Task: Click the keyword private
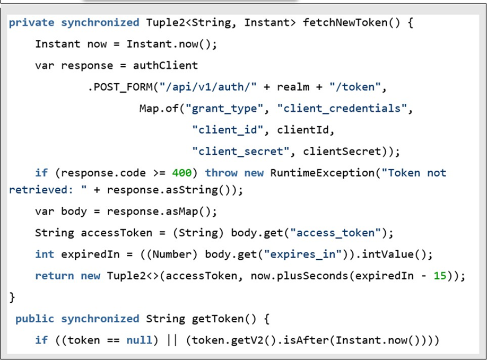pos(31,22)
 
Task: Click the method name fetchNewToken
pos(345,22)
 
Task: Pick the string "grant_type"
pos(228,109)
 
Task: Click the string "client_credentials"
pos(342,109)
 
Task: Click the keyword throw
pos(221,173)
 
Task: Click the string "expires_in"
pos(303,254)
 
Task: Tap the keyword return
pos(55,276)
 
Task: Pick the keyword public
pos(34,319)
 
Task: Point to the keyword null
pos(140,340)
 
